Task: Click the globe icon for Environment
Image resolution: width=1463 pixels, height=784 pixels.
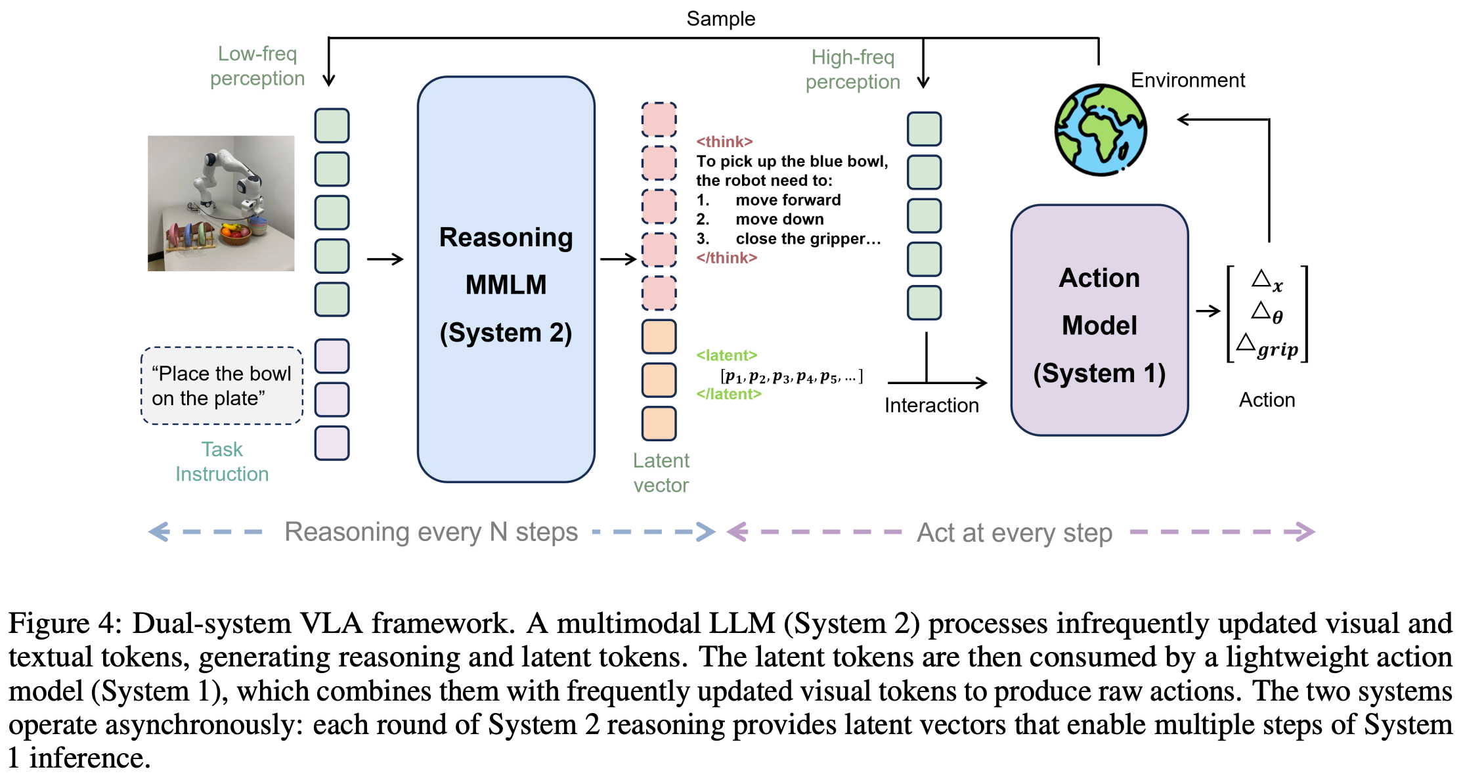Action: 1101,130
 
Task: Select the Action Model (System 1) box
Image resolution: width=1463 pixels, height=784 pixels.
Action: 1099,321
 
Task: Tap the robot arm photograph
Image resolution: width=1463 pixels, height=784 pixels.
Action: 221,203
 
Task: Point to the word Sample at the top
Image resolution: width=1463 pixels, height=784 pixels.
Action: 720,18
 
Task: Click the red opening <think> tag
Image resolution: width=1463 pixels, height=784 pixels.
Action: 724,142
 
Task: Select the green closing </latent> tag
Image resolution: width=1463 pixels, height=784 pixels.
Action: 729,394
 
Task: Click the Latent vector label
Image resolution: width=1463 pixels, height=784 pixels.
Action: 661,473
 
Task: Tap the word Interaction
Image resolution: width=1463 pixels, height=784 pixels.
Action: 931,405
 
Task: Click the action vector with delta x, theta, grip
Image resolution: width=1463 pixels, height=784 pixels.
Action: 1267,314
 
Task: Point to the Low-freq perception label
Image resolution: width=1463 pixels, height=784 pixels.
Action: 257,66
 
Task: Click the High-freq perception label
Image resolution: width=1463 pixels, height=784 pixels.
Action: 852,70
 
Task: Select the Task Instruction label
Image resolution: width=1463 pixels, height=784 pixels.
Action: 222,462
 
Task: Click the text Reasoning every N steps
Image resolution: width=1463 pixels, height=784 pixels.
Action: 431,532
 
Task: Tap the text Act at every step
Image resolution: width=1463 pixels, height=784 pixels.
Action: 1014,533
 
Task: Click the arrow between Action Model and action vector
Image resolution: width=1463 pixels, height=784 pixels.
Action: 1208,311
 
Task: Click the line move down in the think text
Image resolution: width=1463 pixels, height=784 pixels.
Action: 779,219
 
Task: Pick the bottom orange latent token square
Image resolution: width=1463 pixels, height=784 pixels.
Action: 659,424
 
